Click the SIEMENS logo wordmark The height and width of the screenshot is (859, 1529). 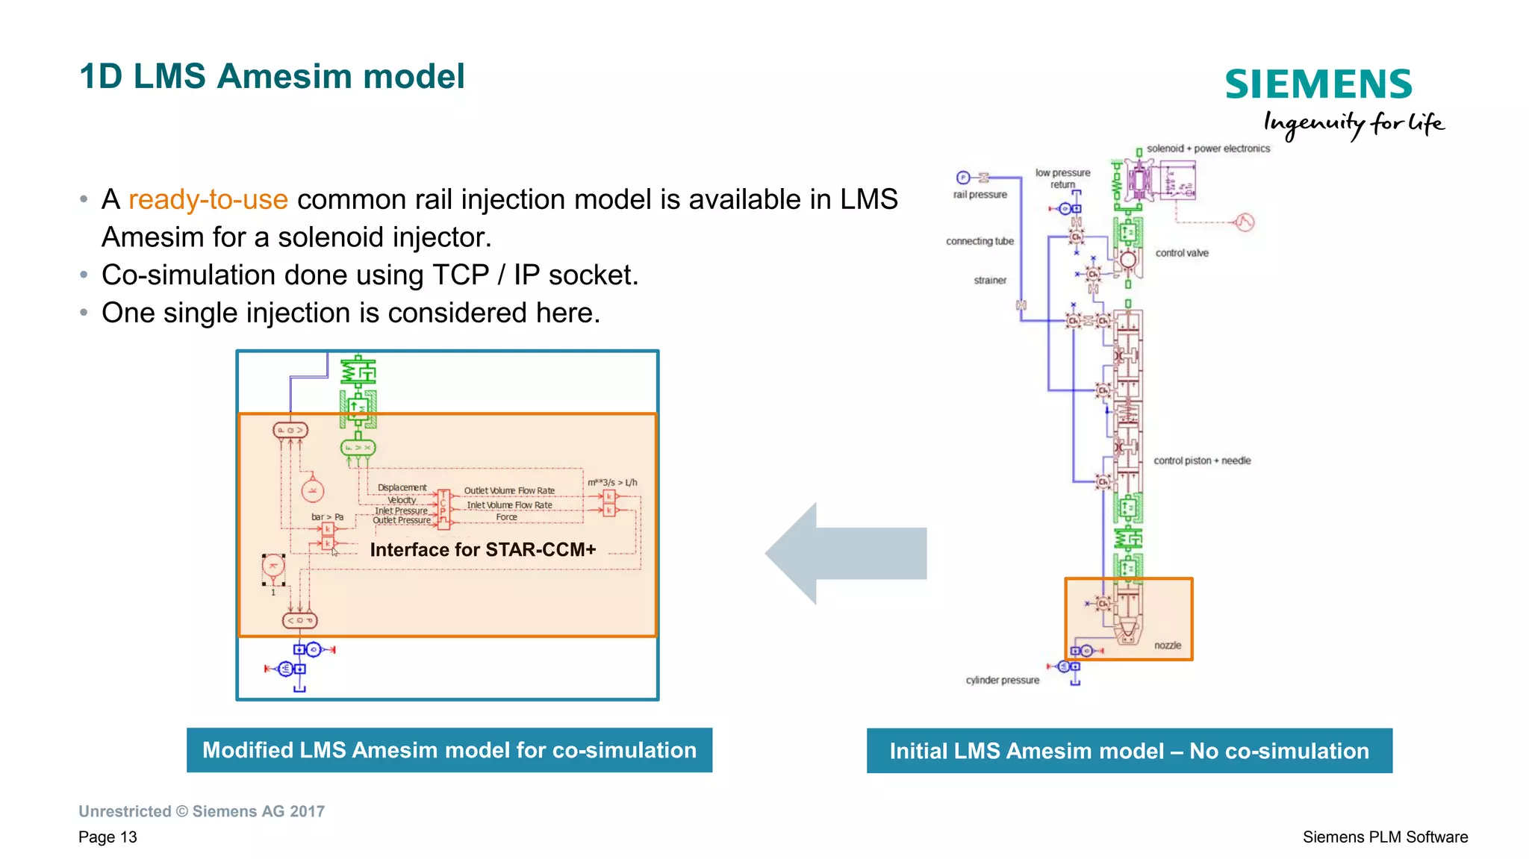(x=1318, y=84)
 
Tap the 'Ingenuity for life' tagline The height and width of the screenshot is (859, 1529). (x=1353, y=123)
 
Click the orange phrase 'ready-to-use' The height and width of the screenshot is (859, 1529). (x=208, y=199)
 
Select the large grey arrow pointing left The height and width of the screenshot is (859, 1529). (x=845, y=553)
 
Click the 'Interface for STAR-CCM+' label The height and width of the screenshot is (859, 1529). (x=482, y=550)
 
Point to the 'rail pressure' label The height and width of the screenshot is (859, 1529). (x=980, y=195)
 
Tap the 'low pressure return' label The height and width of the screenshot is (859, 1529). (x=1062, y=178)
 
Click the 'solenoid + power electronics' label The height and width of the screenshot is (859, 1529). (x=1208, y=149)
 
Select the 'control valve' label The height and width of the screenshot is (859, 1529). (x=1182, y=253)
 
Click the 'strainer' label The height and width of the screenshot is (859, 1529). (x=990, y=281)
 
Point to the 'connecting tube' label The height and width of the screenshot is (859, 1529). (x=980, y=241)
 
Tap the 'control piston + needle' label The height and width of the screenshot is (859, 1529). (x=1202, y=460)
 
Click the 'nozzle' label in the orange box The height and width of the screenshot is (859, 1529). (x=1168, y=646)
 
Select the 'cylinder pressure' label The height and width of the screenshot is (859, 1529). (x=1002, y=680)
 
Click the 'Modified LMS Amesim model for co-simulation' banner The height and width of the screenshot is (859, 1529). (x=449, y=750)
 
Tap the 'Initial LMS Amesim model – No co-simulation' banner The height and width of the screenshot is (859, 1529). (x=1129, y=751)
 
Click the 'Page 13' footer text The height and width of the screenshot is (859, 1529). (x=108, y=837)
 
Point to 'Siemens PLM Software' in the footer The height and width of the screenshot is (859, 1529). (x=1385, y=837)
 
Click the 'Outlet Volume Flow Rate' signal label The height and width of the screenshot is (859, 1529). (x=509, y=490)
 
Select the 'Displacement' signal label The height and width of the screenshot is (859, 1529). (x=402, y=487)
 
